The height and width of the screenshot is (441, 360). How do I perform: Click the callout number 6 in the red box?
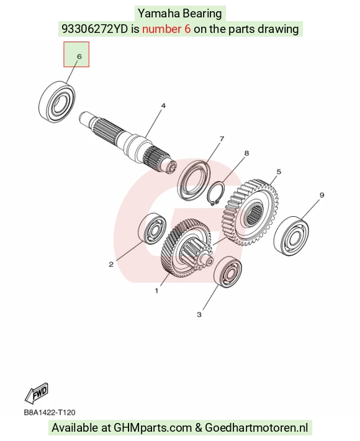(79, 57)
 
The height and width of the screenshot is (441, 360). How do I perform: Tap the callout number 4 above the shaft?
(163, 106)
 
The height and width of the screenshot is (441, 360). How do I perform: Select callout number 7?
(222, 139)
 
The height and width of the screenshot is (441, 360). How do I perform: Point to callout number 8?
(246, 153)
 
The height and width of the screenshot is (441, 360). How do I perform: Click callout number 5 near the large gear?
(279, 171)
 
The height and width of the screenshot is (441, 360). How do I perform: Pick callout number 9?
(322, 195)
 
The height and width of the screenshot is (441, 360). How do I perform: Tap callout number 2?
(111, 265)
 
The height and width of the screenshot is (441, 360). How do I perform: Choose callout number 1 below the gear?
(157, 291)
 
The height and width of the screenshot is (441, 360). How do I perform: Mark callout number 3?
(199, 314)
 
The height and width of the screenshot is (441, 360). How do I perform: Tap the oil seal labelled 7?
(194, 180)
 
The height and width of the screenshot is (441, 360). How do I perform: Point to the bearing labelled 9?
(291, 235)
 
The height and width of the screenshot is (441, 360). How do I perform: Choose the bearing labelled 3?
(228, 271)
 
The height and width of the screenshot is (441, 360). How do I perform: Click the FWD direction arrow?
(37, 393)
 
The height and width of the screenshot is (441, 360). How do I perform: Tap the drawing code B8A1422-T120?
(50, 412)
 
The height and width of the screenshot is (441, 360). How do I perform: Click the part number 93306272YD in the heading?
(95, 29)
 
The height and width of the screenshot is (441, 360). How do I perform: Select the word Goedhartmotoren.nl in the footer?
(256, 428)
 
